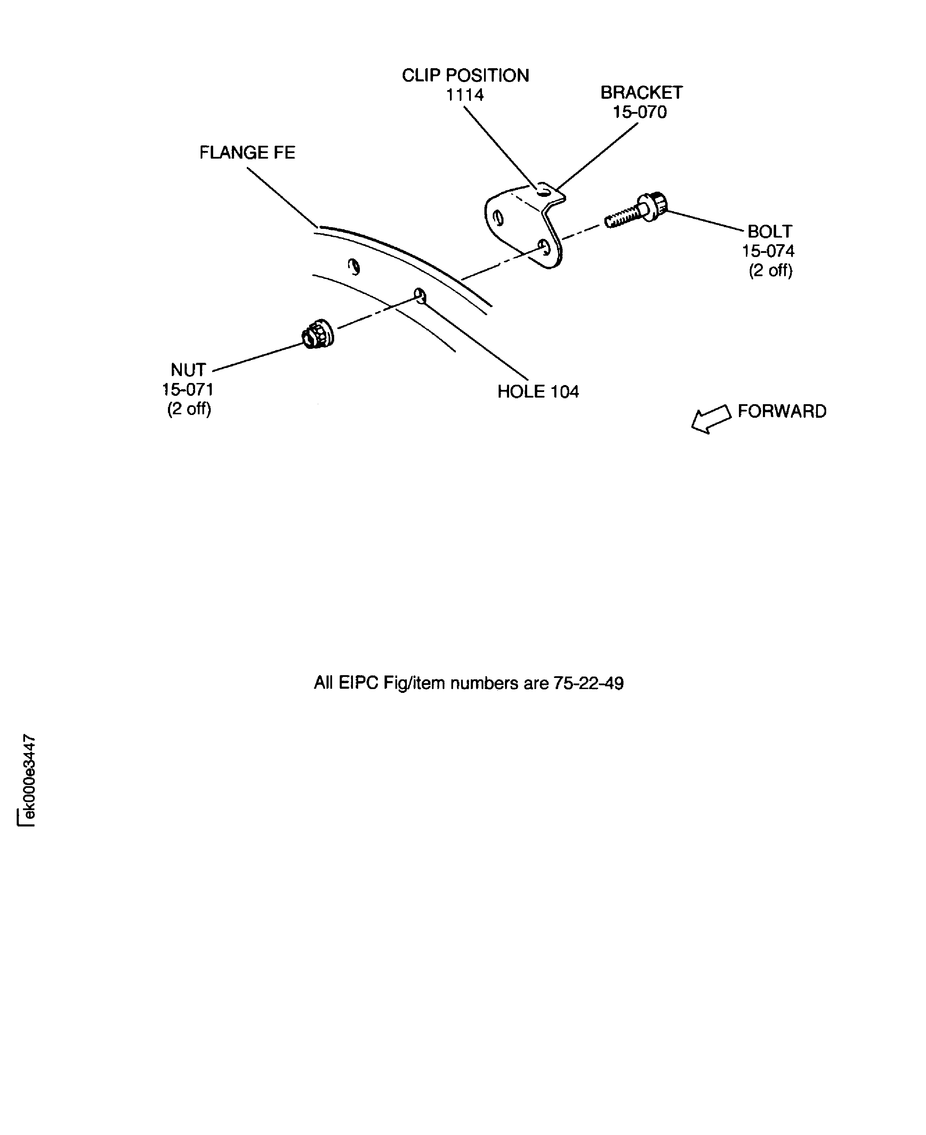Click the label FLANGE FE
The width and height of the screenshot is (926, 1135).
(247, 153)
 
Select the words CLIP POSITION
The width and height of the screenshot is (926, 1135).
(465, 76)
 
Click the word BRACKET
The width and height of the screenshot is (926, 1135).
(641, 93)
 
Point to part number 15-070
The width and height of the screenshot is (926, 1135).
(639, 113)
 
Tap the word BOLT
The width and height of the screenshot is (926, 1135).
(769, 232)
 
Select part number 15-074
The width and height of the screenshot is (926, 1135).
(768, 251)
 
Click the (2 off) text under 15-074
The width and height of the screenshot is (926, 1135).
(770, 271)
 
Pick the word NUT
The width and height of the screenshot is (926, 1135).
(188, 370)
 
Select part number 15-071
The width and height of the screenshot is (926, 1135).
(188, 390)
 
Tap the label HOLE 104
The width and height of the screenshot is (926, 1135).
(538, 392)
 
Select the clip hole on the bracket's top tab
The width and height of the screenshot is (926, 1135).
(543, 191)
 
